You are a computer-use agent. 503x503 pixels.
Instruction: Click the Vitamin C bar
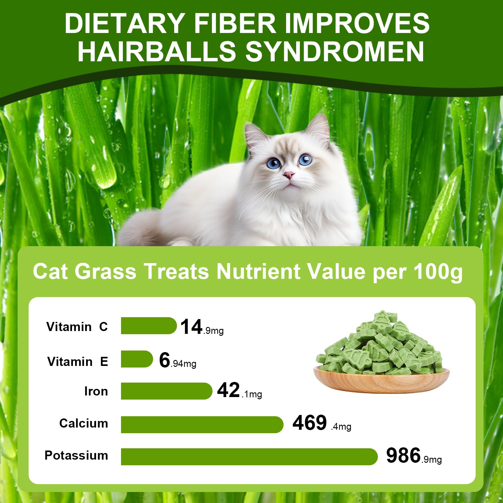(x=148, y=326)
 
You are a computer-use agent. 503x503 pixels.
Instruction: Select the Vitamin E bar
(x=137, y=359)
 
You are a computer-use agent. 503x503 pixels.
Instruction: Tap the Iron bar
(x=166, y=391)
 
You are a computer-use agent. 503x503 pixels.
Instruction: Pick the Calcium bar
(x=202, y=425)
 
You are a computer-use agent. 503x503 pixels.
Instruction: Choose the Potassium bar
(x=249, y=457)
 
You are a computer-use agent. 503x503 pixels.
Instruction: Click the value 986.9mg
(x=413, y=456)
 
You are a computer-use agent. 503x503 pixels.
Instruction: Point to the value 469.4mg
(x=321, y=423)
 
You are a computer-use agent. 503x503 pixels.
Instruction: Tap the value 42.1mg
(x=239, y=391)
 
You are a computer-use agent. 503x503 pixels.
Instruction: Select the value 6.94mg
(x=177, y=360)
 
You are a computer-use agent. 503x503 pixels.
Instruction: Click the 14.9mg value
(x=202, y=327)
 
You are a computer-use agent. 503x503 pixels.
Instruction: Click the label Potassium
(x=76, y=456)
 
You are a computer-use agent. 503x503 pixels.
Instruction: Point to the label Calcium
(x=84, y=423)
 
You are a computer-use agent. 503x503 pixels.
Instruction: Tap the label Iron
(x=96, y=391)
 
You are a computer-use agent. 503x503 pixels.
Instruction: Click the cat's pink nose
(x=289, y=175)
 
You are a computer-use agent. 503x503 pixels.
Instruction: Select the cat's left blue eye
(x=274, y=163)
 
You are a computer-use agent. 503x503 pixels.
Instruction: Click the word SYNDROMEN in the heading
(x=334, y=52)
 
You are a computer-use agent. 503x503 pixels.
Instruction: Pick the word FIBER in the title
(x=235, y=23)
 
